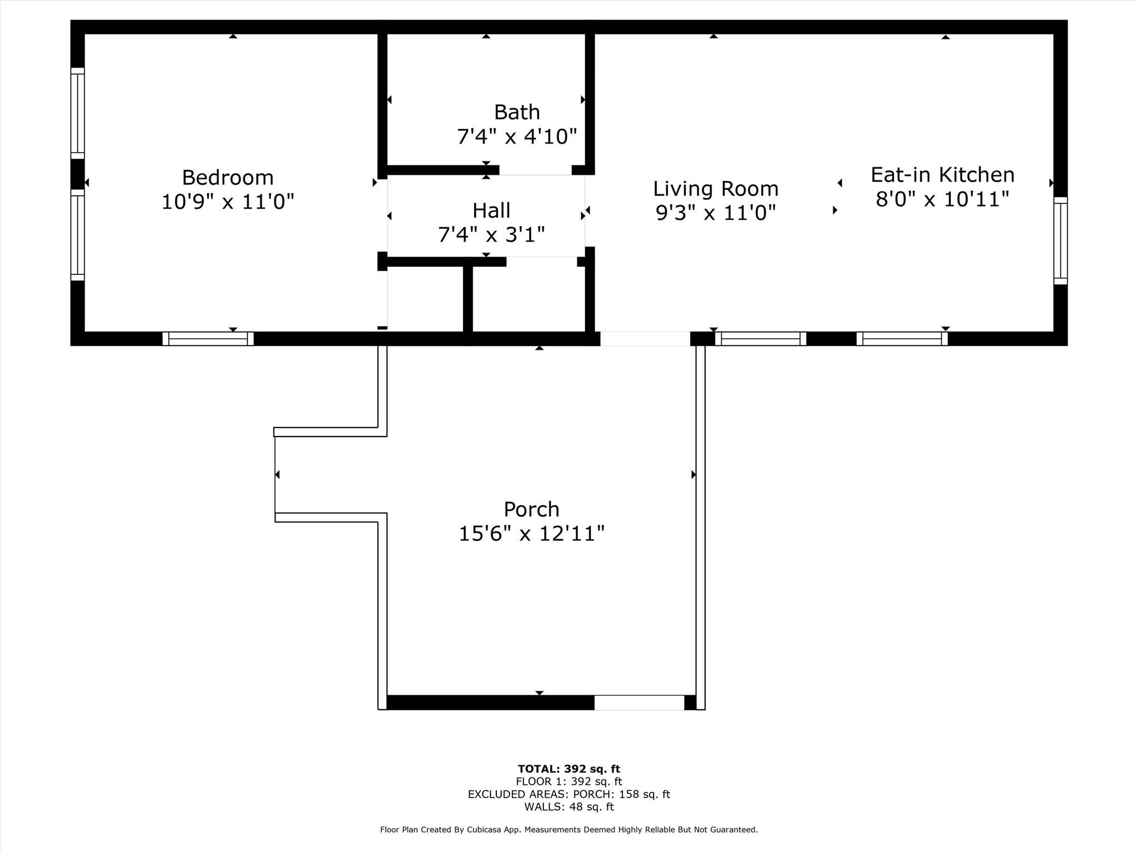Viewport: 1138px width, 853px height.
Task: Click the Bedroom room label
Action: tap(228, 178)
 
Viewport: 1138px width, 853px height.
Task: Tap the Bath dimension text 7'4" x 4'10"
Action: tap(517, 136)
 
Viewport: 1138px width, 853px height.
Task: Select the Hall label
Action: tap(491, 210)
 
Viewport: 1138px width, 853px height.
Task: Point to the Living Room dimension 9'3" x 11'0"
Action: tap(716, 213)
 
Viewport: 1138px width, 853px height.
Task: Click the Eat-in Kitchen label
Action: tap(942, 175)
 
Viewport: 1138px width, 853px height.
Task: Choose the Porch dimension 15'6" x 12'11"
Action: tap(531, 534)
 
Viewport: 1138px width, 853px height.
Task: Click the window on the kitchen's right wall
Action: tap(1060, 240)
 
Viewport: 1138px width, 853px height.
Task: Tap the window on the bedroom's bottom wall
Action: tap(208, 339)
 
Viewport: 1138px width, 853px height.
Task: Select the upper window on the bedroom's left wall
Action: tap(77, 113)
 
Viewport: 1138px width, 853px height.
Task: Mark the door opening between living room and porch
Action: tap(645, 339)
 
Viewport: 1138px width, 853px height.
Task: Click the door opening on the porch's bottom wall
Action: tap(639, 703)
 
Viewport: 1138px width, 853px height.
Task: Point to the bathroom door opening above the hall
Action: tap(535, 170)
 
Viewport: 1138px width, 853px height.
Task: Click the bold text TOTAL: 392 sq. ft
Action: tap(568, 769)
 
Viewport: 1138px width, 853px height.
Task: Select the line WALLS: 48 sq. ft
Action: tap(568, 807)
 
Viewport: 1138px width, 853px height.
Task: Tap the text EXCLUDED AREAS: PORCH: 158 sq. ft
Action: tap(568, 794)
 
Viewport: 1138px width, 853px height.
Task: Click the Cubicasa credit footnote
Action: tap(568, 830)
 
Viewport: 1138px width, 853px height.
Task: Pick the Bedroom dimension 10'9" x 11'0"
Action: tap(228, 202)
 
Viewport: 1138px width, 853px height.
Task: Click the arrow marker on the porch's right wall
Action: tap(693, 474)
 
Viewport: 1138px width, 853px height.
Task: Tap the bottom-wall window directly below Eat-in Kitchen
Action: tap(902, 339)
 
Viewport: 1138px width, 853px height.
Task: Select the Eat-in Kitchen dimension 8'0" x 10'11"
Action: tap(942, 199)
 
